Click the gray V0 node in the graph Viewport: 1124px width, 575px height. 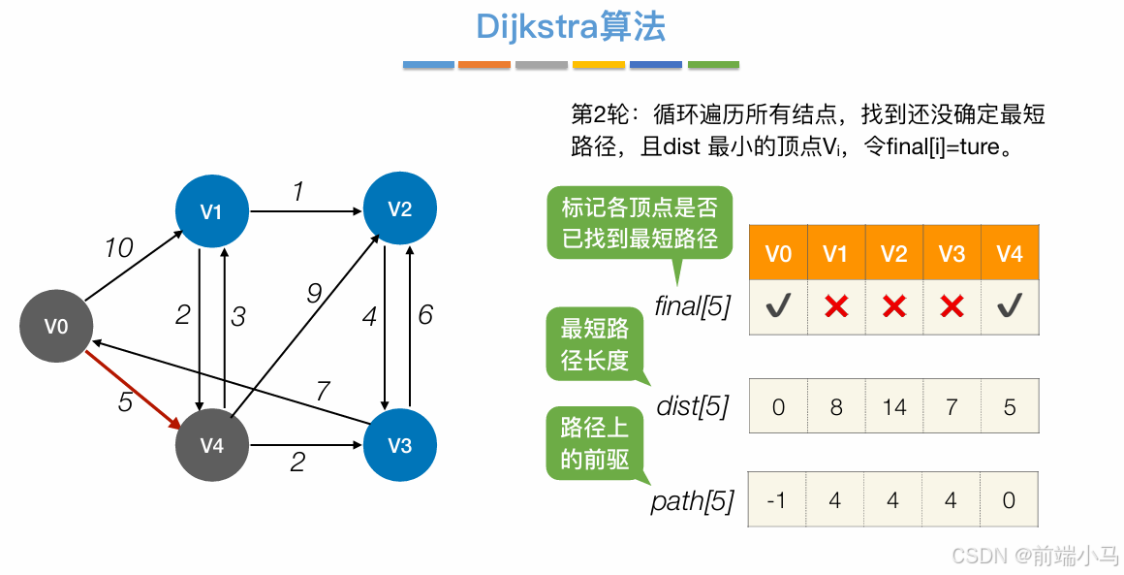56,326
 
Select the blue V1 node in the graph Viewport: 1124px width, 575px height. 211,210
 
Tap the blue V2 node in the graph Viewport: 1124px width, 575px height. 399,208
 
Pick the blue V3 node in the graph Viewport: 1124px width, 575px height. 399,445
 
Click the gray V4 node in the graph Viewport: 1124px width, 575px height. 211,445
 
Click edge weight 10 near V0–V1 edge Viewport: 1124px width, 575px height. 118,248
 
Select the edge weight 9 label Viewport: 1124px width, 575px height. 313,292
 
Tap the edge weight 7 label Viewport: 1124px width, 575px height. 323,391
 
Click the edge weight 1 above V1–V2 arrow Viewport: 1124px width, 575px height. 298,192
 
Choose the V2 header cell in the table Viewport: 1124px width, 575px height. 893,253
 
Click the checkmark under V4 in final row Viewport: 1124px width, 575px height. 1010,307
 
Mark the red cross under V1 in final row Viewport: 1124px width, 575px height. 835,307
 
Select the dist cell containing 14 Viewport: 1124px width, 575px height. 893,406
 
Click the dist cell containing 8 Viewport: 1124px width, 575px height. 835,406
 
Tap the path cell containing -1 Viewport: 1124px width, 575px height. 777,500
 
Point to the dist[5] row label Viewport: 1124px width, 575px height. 692,406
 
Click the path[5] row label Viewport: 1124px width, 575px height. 692,501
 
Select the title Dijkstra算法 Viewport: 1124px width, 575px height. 571,27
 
